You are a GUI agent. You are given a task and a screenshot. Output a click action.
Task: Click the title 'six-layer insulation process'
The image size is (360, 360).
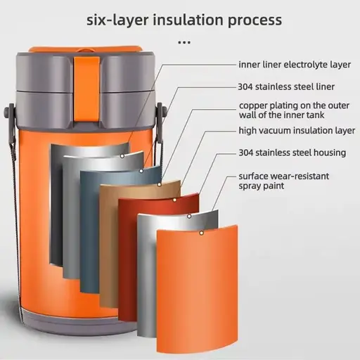coord(184,20)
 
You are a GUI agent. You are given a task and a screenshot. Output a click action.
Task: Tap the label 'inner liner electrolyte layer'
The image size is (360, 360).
coord(295,65)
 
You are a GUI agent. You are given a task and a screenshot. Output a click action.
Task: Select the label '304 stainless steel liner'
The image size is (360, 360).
coord(286,86)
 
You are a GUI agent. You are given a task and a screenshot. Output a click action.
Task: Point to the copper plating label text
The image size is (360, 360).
coord(294,110)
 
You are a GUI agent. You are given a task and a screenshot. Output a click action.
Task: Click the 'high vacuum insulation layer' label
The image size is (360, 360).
coord(297,131)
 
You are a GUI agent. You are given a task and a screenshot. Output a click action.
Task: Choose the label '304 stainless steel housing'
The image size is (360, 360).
coord(292,153)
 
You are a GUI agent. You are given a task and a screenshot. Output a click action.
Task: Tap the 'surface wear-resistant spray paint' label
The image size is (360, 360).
coord(284,181)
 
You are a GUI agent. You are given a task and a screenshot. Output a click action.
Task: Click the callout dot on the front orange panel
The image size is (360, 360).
coord(201,233)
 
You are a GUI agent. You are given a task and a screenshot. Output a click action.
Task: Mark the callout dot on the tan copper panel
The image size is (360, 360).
coord(159,184)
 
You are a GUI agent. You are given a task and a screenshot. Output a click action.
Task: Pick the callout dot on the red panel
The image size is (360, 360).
coord(174,200)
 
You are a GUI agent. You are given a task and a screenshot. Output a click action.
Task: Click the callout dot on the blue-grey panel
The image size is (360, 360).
coord(141,171)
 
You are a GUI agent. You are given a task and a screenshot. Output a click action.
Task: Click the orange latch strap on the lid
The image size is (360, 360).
coord(86,90)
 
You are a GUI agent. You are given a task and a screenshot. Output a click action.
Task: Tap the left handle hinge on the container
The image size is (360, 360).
coord(9,112)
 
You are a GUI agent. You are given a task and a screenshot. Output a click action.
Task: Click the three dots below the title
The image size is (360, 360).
coord(184,42)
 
